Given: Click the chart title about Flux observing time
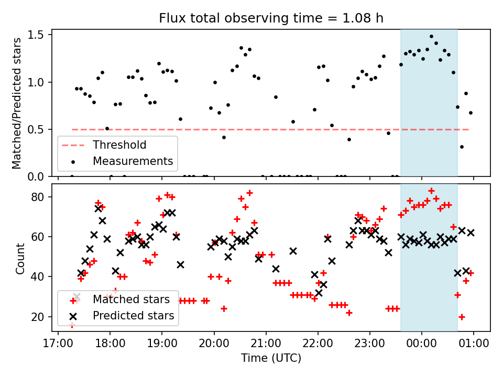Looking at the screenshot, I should tap(271, 18).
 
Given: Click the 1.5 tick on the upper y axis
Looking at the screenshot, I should tap(40, 35).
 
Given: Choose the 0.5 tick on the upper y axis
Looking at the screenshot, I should tap(40, 129).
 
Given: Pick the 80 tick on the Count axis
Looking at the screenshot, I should tap(41, 197).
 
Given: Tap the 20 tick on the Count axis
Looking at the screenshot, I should tap(41, 317).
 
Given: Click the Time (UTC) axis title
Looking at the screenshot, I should tap(271, 359).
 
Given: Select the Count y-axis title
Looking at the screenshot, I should tap(20, 258).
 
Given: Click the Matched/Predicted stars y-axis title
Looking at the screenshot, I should tap(17, 103).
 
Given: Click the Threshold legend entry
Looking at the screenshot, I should tap(119, 145).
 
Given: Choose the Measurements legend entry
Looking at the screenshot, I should tap(133, 161).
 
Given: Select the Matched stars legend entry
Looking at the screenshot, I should tap(131, 300).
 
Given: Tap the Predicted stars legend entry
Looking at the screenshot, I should tap(133, 316).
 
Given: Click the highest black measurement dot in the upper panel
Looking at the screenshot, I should tap(431, 37).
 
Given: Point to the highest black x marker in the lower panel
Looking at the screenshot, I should tap(98, 208).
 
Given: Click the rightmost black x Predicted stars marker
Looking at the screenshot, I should tap(471, 232).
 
